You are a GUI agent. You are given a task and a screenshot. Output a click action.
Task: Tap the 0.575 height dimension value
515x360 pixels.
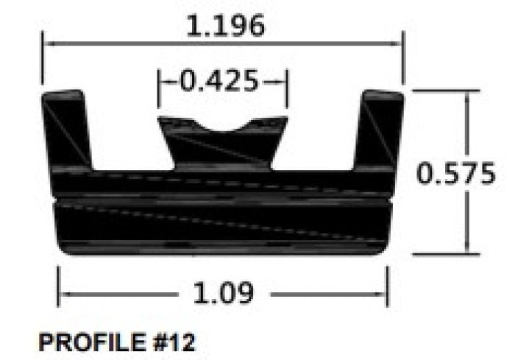click(x=455, y=174)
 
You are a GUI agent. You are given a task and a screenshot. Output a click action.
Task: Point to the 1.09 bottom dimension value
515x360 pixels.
click(x=223, y=294)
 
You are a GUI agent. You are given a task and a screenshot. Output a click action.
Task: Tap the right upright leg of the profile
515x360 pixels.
click(x=379, y=129)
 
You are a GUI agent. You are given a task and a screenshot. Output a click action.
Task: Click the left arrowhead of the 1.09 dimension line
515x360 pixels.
click(x=61, y=296)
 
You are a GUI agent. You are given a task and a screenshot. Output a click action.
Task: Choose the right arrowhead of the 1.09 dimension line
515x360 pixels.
click(x=385, y=296)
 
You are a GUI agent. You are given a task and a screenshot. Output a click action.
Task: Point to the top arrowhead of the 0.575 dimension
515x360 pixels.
click(x=464, y=93)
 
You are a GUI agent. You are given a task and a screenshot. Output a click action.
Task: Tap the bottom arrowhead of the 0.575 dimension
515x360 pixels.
click(x=464, y=252)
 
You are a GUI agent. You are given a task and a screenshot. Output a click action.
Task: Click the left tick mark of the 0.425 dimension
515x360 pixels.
click(x=159, y=81)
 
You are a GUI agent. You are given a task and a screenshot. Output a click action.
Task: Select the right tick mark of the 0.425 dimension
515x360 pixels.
click(x=286, y=81)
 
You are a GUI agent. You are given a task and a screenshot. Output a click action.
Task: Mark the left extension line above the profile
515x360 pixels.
click(x=42, y=63)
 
